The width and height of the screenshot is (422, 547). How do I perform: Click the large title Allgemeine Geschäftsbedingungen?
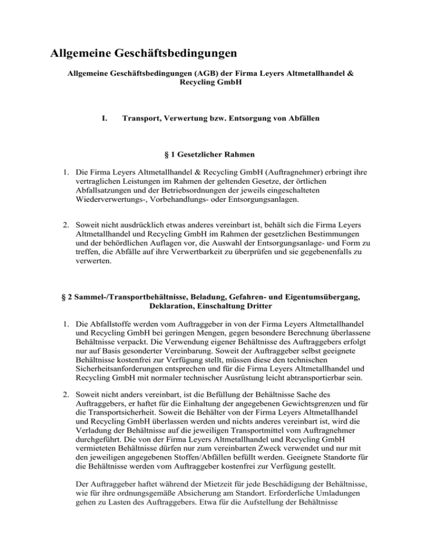click(143, 54)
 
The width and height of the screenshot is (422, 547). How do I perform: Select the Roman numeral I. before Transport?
click(98, 118)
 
